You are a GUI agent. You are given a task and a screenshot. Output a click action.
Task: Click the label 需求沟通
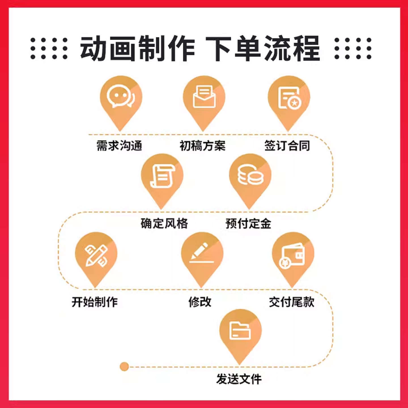coord(119,146)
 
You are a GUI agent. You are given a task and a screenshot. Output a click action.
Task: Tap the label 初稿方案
coord(202,146)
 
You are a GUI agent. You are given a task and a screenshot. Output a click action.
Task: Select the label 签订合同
coord(287,146)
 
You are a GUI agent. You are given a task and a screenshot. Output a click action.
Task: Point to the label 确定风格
coord(164,223)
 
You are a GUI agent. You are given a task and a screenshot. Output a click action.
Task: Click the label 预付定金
coord(248,223)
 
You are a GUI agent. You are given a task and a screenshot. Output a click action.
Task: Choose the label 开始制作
coord(95,302)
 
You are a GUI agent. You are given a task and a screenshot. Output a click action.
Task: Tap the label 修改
coord(200,302)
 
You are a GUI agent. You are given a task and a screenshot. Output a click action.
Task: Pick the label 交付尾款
coord(292,302)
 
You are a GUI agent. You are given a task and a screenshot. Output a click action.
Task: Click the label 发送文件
coord(239,379)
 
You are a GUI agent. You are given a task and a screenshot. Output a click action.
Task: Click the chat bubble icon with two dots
coord(121,97)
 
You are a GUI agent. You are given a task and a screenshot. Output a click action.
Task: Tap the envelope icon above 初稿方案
coord(204,97)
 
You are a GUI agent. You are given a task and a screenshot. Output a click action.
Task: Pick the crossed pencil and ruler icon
coord(96,256)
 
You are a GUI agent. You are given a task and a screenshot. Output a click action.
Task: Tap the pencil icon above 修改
coord(201,253)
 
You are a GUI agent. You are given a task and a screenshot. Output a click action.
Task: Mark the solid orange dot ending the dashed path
coord(124,367)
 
